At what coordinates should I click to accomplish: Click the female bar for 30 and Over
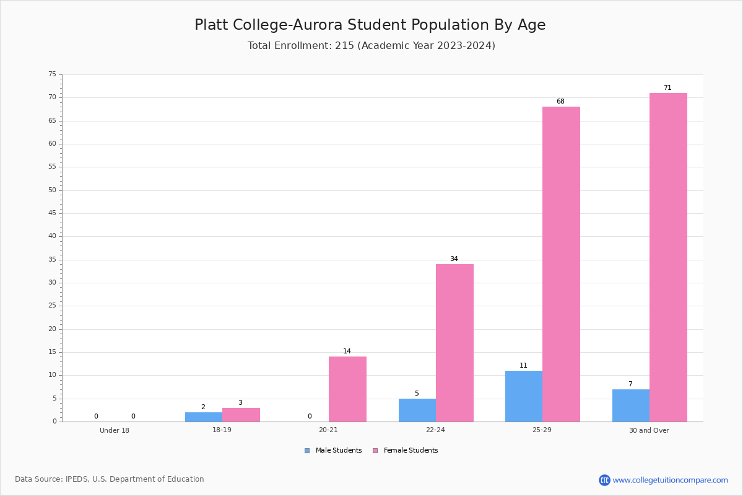coord(668,257)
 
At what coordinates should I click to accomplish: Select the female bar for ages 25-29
coord(561,264)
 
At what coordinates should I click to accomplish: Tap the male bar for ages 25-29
coord(524,396)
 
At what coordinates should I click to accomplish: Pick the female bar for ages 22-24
coord(454,343)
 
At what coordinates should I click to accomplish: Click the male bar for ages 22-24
coord(417,410)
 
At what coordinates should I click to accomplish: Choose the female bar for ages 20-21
coord(347,389)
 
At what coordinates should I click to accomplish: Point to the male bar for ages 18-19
coord(204,417)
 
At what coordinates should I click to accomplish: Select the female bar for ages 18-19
coord(241,415)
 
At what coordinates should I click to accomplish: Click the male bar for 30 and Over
coord(631,405)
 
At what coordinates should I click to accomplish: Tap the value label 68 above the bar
coord(560,101)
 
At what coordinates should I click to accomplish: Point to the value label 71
coord(667,87)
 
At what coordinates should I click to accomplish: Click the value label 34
coord(454,259)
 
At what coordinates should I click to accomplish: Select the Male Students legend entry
coord(333,450)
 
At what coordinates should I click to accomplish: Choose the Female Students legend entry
coord(406,450)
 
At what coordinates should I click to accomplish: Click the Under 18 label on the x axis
coord(115,430)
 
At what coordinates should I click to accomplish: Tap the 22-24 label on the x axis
coord(435,430)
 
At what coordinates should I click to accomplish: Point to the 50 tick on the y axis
coord(53,190)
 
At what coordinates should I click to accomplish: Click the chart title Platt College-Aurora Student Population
coord(370,25)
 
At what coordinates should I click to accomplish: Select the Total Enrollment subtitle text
coord(371,45)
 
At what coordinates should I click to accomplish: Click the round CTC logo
coord(604,480)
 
